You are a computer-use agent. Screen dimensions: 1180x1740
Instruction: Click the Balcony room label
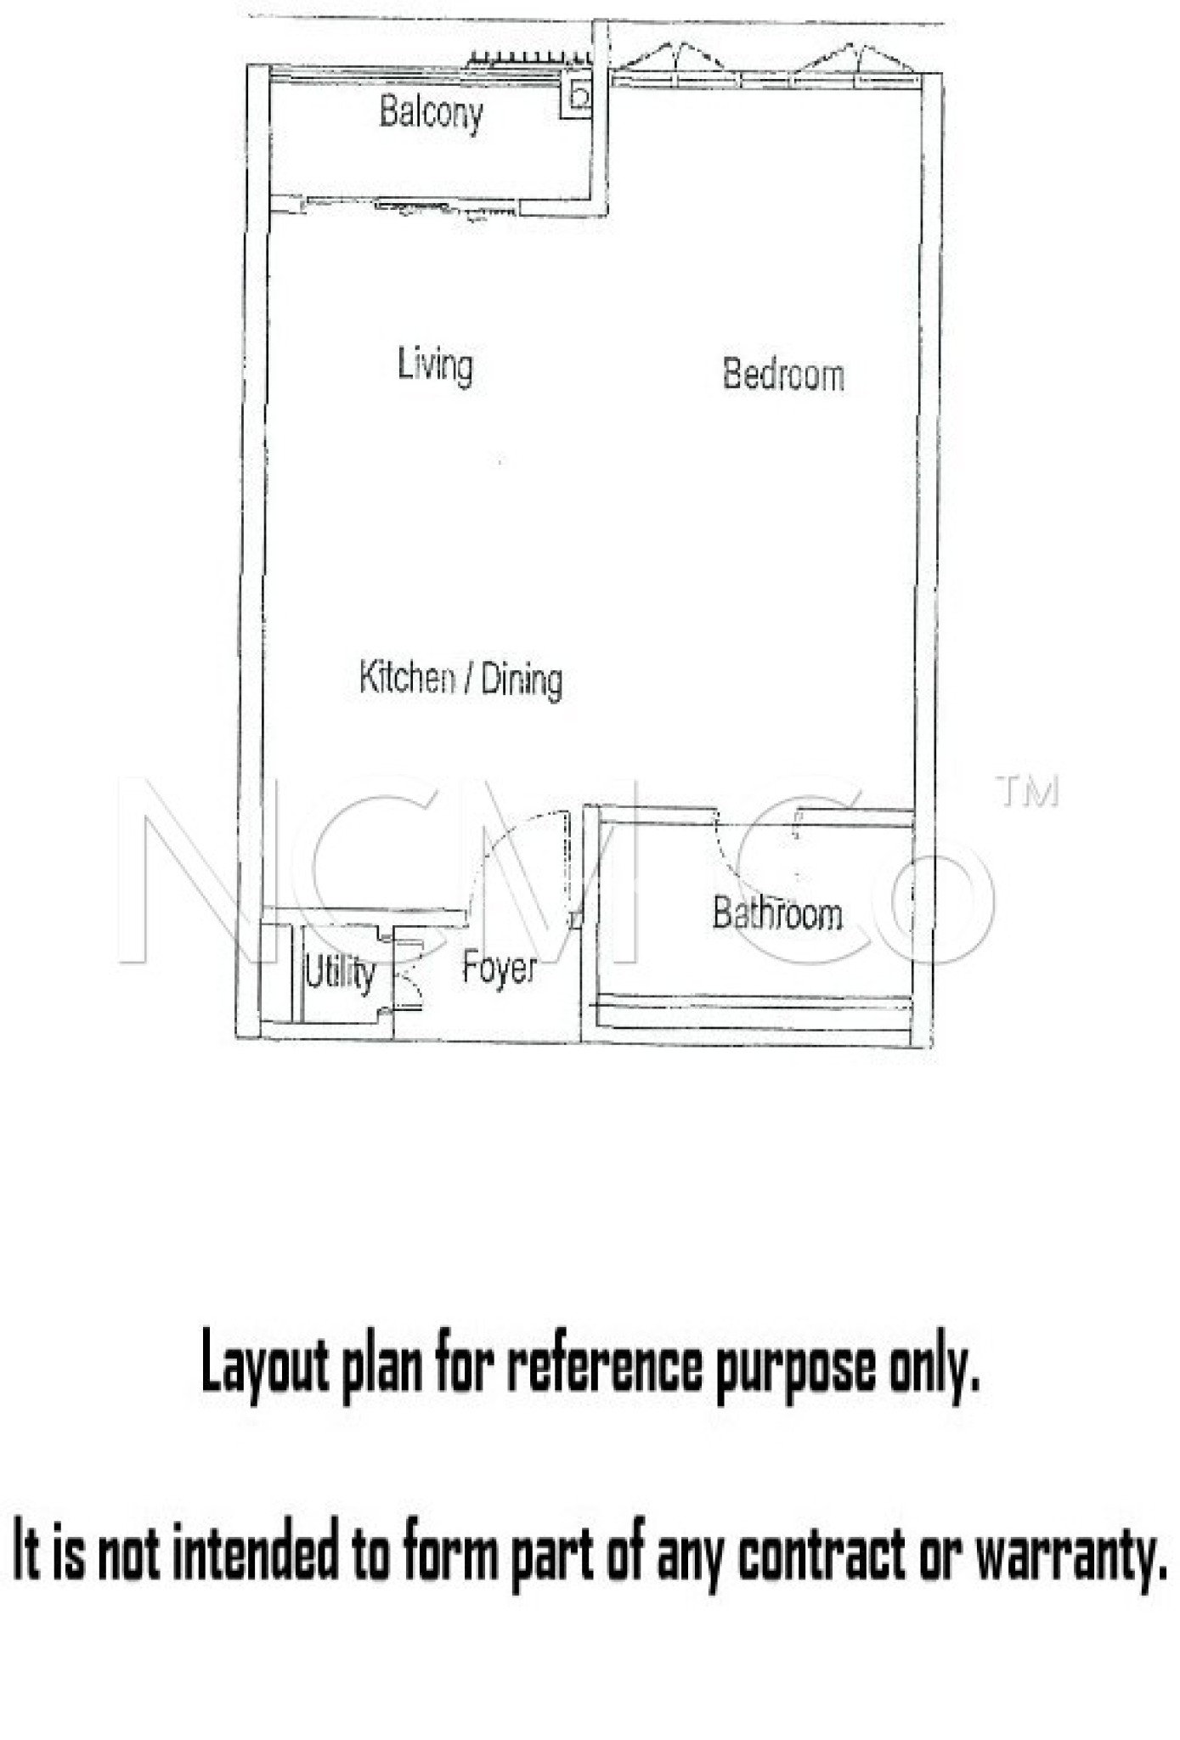point(432,113)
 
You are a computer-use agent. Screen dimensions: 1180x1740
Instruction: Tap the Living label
point(435,365)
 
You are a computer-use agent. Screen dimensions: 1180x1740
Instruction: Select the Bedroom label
point(783,375)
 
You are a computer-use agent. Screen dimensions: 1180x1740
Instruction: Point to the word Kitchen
point(407,677)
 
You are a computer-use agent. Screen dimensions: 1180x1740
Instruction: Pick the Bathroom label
point(777,913)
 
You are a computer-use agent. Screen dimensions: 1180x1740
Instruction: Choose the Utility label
point(340,973)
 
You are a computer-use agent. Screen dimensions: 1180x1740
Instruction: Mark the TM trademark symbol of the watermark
point(1027,791)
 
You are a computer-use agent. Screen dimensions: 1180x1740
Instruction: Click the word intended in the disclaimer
point(255,1548)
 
